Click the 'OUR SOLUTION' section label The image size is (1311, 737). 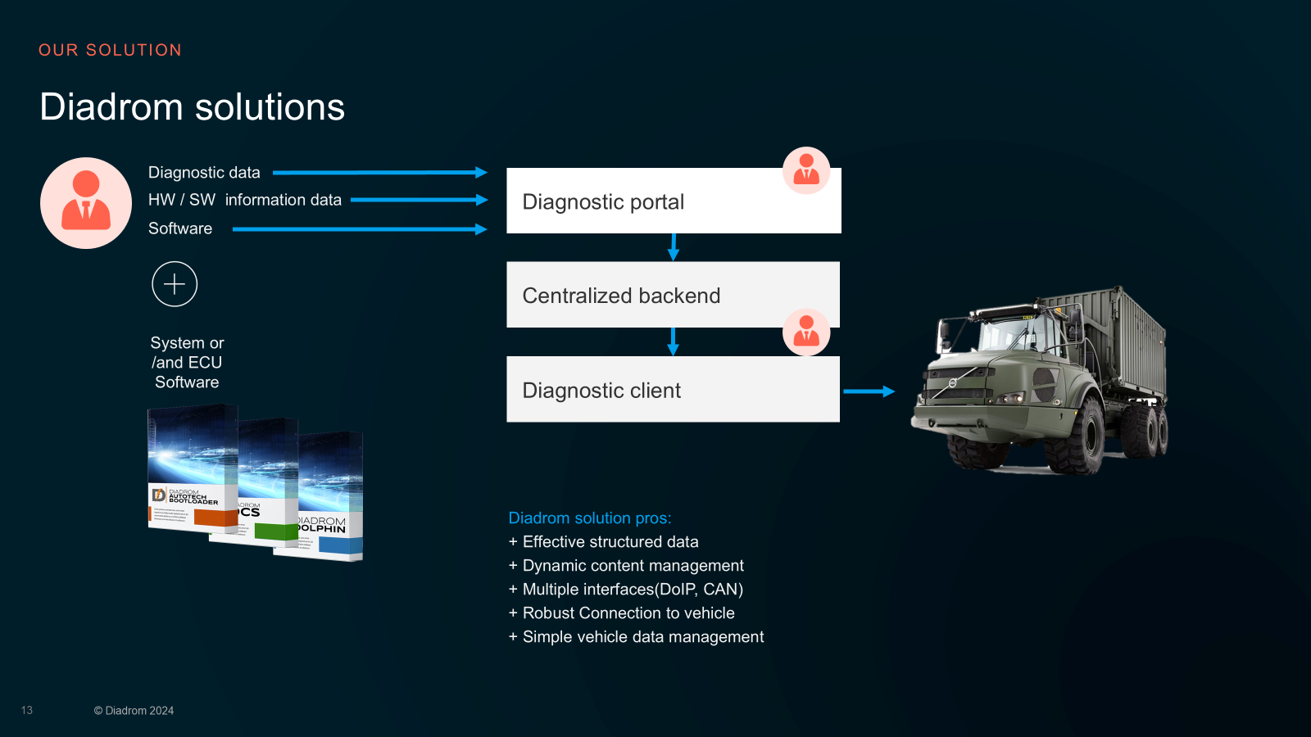coord(110,50)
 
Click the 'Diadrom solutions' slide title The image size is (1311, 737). coord(193,107)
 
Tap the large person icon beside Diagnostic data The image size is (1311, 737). coord(86,203)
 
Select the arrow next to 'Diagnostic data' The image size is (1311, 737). coord(379,173)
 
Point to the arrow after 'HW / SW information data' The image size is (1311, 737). coord(419,200)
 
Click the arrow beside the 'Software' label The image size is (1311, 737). coord(359,229)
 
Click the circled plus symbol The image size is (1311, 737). coord(175,284)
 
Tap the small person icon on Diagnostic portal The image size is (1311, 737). coord(806,170)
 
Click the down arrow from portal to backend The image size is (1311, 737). coord(674,246)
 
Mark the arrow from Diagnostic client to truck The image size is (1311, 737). coord(869,391)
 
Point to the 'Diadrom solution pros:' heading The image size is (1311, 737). coord(589,518)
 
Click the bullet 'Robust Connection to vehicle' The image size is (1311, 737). coord(628,613)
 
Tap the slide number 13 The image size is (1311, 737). coord(27,710)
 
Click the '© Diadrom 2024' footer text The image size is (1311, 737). coord(134,711)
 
